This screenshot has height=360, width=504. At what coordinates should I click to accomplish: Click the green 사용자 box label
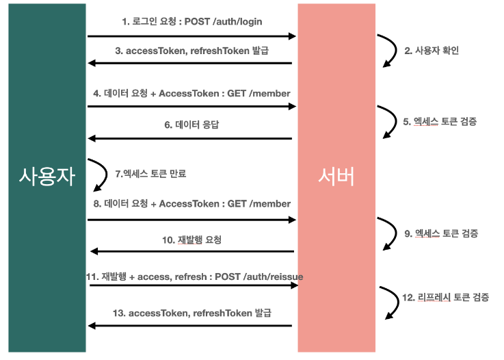click(x=47, y=179)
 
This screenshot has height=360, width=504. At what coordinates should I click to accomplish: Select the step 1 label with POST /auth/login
click(x=191, y=22)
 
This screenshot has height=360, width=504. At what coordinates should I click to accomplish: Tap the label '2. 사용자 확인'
click(x=432, y=51)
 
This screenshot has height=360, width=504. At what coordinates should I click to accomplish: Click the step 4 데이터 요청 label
click(x=191, y=93)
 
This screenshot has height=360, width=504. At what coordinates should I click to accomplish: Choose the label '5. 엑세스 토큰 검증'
click(x=440, y=121)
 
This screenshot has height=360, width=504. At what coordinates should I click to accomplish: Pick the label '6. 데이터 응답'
click(x=191, y=125)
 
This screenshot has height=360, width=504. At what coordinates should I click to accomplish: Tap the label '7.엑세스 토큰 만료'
click(x=150, y=174)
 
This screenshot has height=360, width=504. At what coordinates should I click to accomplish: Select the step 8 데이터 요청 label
click(x=191, y=204)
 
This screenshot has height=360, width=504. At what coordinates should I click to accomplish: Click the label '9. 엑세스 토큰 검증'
click(x=440, y=233)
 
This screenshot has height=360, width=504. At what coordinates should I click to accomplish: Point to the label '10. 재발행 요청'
click(x=191, y=240)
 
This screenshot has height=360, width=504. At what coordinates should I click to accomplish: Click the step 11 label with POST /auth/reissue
click(x=194, y=276)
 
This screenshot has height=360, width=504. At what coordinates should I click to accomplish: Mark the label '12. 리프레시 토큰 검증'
click(x=445, y=297)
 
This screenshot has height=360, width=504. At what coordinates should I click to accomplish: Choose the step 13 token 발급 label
click(x=191, y=313)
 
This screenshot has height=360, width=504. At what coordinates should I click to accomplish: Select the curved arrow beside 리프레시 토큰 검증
click(x=390, y=302)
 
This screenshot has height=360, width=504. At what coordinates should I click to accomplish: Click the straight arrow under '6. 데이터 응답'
click(x=190, y=139)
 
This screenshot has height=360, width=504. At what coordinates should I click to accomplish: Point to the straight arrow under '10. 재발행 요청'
click(x=191, y=252)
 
